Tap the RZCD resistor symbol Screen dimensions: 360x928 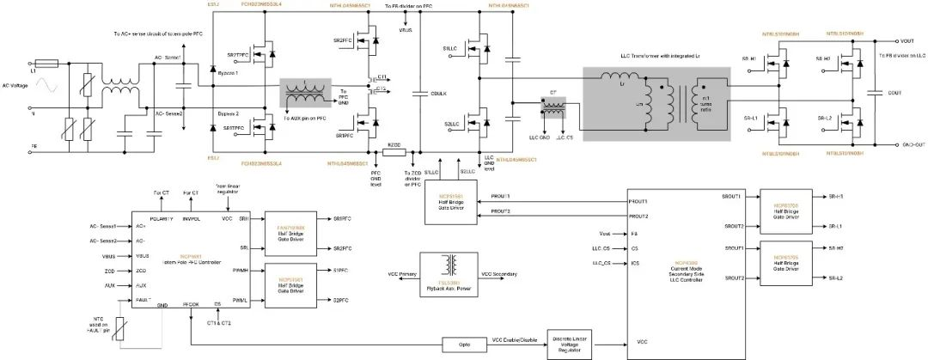click(x=394, y=151)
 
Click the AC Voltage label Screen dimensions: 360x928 click(x=16, y=86)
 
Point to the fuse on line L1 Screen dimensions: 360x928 click(x=46, y=64)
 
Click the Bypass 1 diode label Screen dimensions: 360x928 click(x=226, y=75)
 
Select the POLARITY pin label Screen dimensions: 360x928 click(x=161, y=218)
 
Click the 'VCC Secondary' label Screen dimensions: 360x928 click(x=500, y=274)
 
